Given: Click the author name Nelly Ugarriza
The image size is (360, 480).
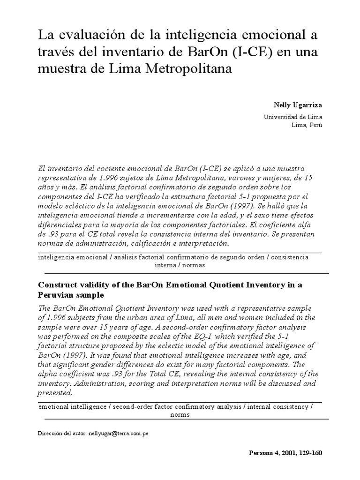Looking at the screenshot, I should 301,105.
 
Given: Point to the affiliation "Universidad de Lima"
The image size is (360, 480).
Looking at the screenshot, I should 293,117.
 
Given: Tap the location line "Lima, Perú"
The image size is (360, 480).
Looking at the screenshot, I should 307,125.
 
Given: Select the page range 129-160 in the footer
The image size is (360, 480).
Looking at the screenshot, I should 308,453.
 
